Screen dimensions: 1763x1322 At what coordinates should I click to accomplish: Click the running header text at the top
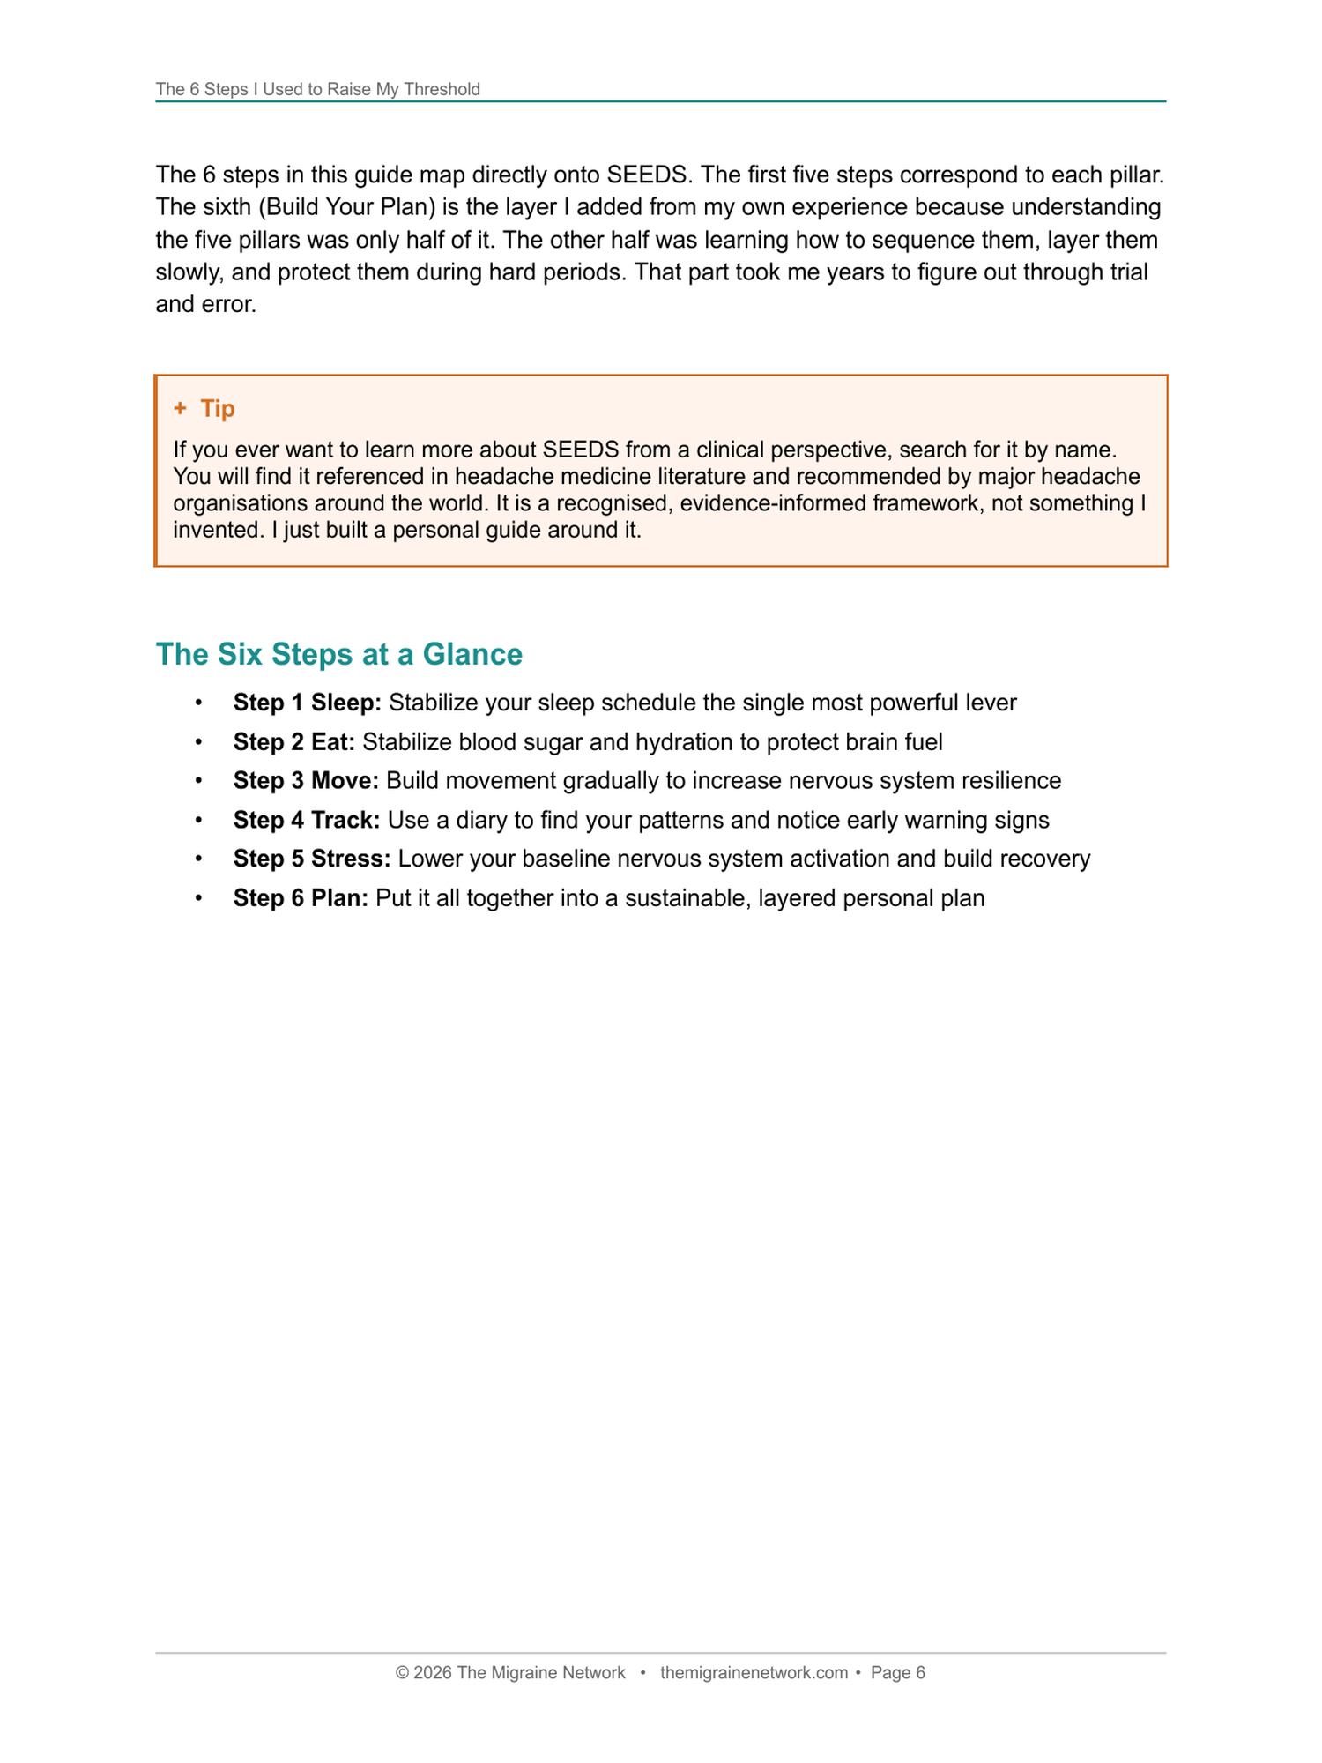pyautogui.click(x=317, y=89)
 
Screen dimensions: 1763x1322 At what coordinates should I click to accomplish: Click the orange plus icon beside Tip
pyautogui.click(x=181, y=408)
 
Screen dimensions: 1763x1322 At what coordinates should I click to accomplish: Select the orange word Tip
pyautogui.click(x=218, y=408)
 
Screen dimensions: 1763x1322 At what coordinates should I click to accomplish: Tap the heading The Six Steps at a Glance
pyautogui.click(x=338, y=654)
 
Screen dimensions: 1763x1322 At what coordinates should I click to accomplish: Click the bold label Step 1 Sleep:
pyautogui.click(x=307, y=703)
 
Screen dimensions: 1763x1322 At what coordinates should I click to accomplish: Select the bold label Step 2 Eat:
pyautogui.click(x=293, y=742)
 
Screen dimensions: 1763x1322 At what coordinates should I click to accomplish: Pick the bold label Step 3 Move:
pyautogui.click(x=306, y=781)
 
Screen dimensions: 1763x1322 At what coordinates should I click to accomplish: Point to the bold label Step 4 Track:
pyautogui.click(x=306, y=820)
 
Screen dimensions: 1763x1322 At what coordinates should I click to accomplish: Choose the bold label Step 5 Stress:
pyautogui.click(x=311, y=859)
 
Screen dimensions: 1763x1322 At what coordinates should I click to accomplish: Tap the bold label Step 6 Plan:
pyautogui.click(x=301, y=898)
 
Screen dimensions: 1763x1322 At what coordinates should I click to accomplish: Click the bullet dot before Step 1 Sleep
pyautogui.click(x=199, y=703)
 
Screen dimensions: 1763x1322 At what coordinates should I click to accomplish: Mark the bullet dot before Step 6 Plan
pyautogui.click(x=199, y=898)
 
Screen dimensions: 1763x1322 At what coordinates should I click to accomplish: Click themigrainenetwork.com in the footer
pyautogui.click(x=754, y=1673)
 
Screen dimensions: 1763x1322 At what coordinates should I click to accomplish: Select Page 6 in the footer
pyautogui.click(x=898, y=1673)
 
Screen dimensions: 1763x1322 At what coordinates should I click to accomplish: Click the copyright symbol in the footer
pyautogui.click(x=403, y=1673)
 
